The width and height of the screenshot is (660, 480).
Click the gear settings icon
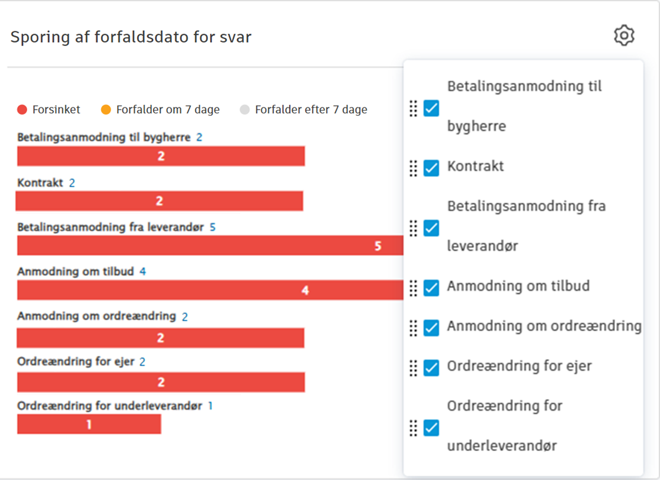[x=624, y=35]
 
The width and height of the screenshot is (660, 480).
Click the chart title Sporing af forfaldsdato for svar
[x=131, y=37]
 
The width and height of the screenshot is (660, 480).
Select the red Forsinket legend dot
[x=22, y=110]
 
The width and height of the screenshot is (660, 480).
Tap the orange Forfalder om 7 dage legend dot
[x=106, y=110]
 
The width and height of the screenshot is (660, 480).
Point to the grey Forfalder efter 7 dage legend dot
[x=245, y=110]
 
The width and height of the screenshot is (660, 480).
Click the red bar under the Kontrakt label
[x=159, y=201]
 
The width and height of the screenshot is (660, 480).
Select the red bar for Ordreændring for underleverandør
[x=89, y=424]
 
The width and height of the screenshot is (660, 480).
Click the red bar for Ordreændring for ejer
[x=161, y=383]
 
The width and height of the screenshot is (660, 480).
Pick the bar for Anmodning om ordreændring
[x=161, y=338]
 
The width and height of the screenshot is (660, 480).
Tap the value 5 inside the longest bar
[x=378, y=246]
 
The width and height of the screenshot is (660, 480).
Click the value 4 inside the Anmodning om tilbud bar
[x=305, y=290]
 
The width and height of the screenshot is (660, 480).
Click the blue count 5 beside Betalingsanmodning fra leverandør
[x=213, y=227]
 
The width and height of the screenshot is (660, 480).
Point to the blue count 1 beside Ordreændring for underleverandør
[x=210, y=406]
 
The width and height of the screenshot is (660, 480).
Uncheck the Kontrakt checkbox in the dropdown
[x=431, y=168]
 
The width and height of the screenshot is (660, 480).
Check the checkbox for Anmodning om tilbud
[x=431, y=288]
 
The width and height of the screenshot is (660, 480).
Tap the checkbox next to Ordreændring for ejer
[x=431, y=367]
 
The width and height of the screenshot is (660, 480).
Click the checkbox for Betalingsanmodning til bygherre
[x=431, y=108]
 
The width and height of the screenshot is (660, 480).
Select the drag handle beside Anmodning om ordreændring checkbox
[x=414, y=328]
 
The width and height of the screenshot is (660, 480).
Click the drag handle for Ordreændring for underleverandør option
[x=414, y=427]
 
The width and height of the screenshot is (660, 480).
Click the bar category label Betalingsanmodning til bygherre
[x=104, y=138]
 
